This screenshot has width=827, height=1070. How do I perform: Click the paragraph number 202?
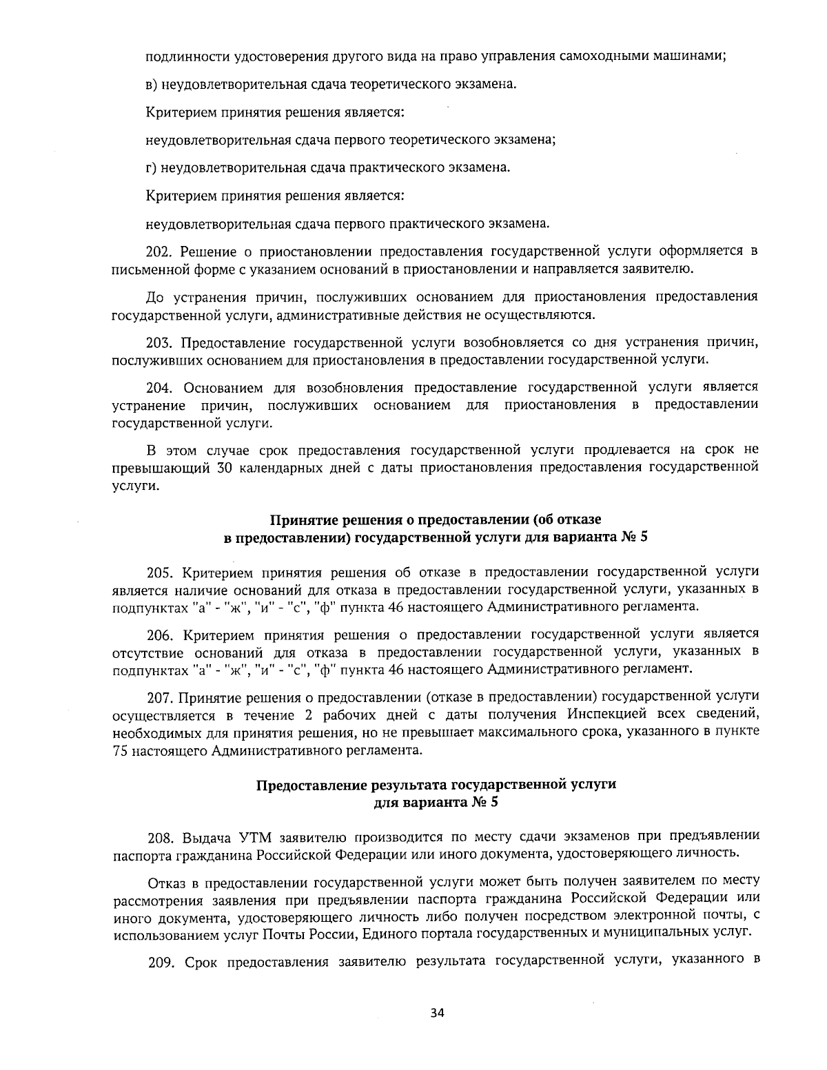161,251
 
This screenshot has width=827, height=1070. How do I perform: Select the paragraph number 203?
161,342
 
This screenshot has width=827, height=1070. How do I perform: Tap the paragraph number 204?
161,387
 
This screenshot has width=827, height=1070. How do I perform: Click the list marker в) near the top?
152,84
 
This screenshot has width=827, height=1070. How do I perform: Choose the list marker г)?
152,167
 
